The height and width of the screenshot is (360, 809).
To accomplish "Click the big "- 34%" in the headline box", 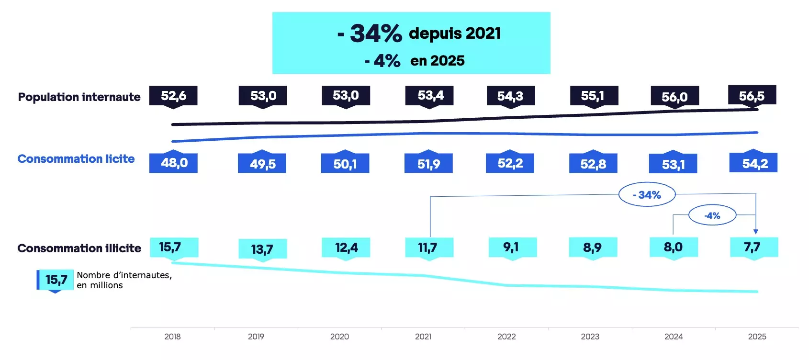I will [370, 34].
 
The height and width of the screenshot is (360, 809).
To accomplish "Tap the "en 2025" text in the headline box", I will [438, 61].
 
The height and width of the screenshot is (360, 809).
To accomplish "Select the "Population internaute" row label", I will [79, 97].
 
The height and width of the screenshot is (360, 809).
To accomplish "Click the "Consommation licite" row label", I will [76, 159].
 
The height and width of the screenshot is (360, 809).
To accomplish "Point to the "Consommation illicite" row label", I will [79, 248].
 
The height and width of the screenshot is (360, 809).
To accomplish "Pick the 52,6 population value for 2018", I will [173, 96].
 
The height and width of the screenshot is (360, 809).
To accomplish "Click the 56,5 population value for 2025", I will [752, 96].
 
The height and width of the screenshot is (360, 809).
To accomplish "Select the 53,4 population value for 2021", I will [430, 96].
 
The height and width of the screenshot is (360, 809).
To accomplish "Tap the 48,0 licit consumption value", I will [174, 163].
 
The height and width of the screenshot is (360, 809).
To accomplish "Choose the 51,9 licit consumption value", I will [428, 164].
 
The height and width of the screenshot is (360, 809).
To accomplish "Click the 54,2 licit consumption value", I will [754, 163].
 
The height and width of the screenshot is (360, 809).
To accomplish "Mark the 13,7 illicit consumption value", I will [262, 249].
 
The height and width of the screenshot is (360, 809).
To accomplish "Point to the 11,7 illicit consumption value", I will [427, 247].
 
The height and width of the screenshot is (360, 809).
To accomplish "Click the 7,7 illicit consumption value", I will [752, 247].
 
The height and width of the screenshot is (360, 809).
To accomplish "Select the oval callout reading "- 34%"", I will [647, 195].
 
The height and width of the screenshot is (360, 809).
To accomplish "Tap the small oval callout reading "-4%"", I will [712, 215].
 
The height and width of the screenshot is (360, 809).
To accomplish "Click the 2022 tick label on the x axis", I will [506, 337].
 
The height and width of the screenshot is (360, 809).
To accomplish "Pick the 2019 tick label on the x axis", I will [256, 337].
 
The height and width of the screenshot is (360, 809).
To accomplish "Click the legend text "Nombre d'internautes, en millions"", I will [124, 280].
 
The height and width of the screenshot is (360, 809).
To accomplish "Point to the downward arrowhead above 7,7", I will [755, 232].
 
